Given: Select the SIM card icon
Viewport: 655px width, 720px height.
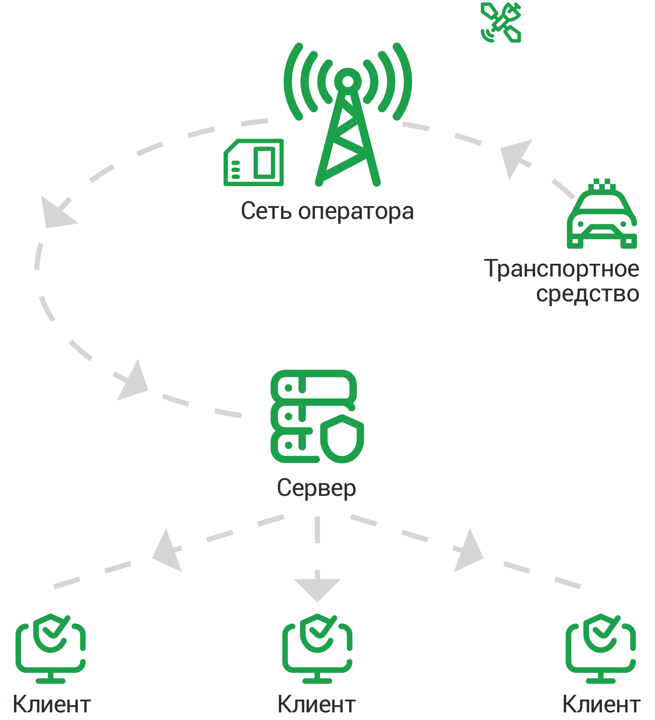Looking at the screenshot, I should pyautogui.click(x=254, y=162).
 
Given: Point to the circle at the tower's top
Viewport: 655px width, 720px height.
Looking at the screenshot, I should pyautogui.click(x=348, y=81).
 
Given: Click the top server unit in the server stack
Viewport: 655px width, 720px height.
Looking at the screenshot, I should pyautogui.click(x=313, y=388).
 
